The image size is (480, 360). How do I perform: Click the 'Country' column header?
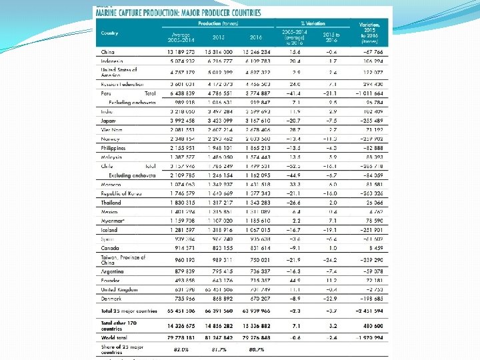pos(110,33)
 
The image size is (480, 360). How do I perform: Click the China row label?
pos(107,51)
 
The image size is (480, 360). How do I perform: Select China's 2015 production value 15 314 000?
pos(219,51)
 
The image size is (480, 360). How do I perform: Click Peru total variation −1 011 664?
pos(365,94)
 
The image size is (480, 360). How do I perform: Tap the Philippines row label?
pos(113,147)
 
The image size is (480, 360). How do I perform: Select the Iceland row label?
pos(110,230)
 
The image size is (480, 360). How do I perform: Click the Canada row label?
pos(110,248)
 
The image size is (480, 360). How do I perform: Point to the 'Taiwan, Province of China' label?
pos(123,259)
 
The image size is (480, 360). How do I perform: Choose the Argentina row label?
pos(113,271)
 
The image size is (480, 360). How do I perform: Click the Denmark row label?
pos(112,299)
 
